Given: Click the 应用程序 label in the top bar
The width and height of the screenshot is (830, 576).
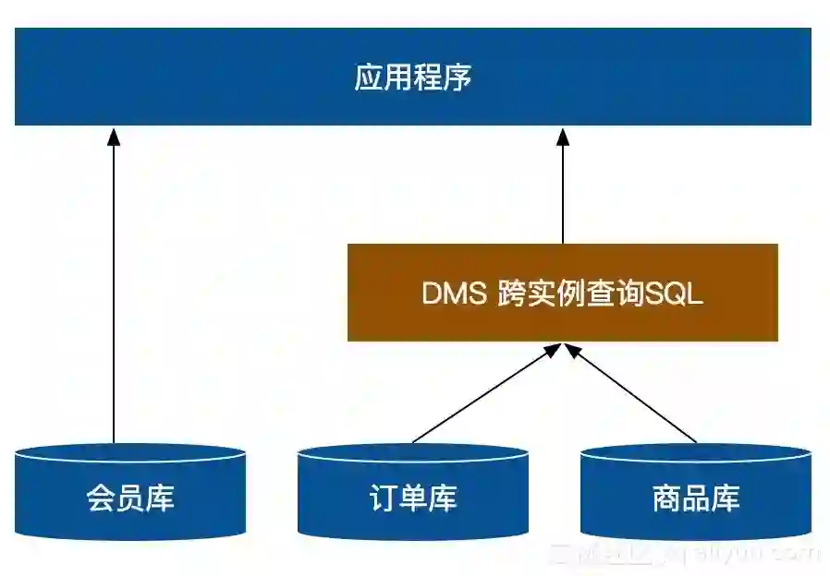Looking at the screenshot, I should pyautogui.click(x=412, y=78).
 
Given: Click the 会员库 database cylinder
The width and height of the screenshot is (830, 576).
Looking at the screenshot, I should pyautogui.click(x=130, y=498).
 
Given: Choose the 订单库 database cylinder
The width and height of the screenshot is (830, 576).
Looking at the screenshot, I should pyautogui.click(x=412, y=498).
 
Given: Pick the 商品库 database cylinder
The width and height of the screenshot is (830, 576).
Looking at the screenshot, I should pyautogui.click(x=695, y=498).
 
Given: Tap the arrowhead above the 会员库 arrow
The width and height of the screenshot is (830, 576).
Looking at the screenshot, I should pyautogui.click(x=114, y=138).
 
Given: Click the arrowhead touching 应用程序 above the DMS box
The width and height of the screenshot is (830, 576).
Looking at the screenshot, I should pyautogui.click(x=562, y=138).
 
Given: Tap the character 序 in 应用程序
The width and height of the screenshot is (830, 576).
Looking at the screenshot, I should pyautogui.click(x=458, y=78).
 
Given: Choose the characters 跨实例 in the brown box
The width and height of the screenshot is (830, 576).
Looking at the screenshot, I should pyautogui.click(x=540, y=294).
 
